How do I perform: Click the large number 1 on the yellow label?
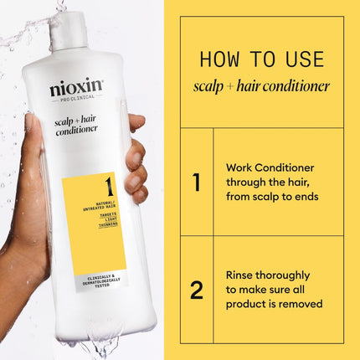tap(110, 185)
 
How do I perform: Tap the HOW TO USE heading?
tap(261, 59)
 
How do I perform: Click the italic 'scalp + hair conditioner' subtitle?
tap(261, 86)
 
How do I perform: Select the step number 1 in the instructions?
tap(196, 182)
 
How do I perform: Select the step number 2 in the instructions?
tap(196, 290)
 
